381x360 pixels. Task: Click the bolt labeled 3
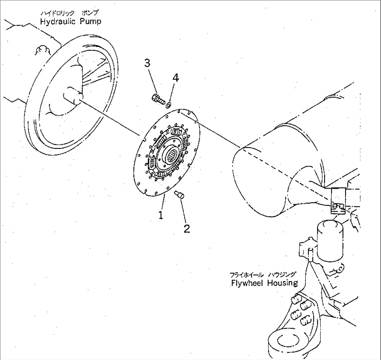point(158,99)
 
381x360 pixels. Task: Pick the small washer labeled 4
point(168,104)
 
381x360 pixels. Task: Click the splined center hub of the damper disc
point(173,153)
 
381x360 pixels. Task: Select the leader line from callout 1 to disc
point(163,203)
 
